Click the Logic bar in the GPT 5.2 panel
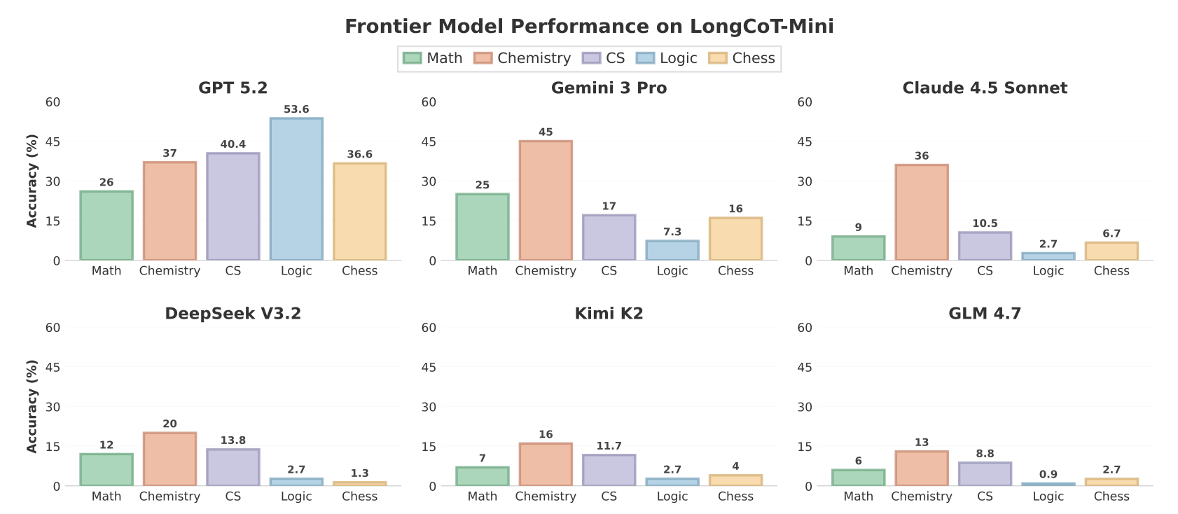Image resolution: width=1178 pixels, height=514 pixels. [x=296, y=189]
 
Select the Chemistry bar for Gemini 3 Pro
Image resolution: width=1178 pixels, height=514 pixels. [x=546, y=201]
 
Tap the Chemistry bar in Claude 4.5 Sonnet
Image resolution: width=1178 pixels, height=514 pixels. [x=922, y=213]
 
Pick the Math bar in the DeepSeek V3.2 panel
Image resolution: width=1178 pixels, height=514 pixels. [x=106, y=470]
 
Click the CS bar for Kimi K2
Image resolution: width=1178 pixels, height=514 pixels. [x=609, y=471]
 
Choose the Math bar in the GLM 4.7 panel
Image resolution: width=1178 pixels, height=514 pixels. [x=859, y=478]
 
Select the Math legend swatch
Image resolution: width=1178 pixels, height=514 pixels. [x=413, y=58]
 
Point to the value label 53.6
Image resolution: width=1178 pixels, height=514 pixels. [x=296, y=109]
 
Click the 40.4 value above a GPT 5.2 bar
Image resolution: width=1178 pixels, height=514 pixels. [x=233, y=144]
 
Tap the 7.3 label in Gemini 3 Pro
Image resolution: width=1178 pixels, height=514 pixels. [x=672, y=232]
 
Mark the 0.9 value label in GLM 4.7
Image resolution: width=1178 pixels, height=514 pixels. [x=1048, y=474]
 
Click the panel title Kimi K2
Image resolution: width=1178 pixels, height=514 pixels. [x=609, y=313]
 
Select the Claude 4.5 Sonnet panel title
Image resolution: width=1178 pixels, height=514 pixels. [x=985, y=88]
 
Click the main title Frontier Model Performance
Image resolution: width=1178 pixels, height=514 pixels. [x=589, y=27]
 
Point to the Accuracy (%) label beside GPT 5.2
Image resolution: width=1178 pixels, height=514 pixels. [x=32, y=181]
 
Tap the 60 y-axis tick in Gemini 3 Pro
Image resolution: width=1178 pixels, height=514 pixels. [x=429, y=102]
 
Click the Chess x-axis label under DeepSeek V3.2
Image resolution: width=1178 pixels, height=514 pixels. [x=359, y=496]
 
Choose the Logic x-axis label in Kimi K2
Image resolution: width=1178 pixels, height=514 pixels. [x=672, y=496]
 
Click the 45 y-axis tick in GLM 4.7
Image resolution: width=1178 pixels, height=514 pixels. [x=805, y=368]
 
